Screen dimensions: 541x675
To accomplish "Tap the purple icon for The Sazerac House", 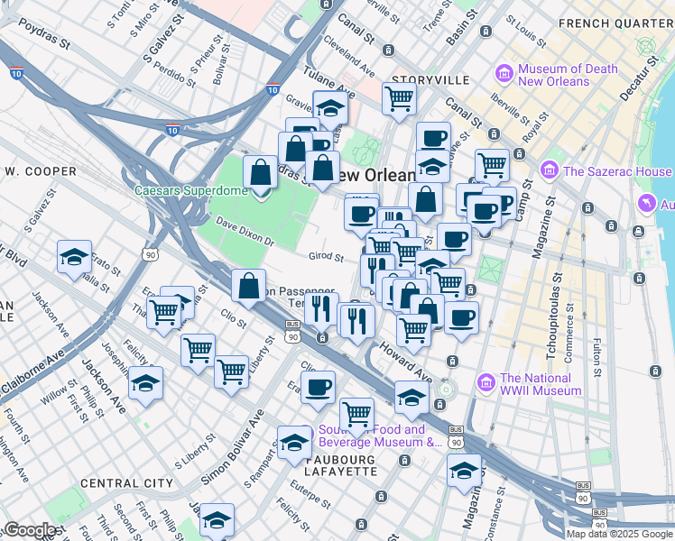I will (549, 171).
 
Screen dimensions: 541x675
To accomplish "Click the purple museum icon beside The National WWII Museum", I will (487, 383).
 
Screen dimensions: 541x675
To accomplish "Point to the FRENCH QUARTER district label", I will (616, 23).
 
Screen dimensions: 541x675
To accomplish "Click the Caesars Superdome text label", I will (190, 190).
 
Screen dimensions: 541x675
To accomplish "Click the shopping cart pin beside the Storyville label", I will (399, 98).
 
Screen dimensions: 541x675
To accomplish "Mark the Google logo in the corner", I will (30, 530).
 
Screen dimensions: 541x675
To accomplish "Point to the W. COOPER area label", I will (41, 171).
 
